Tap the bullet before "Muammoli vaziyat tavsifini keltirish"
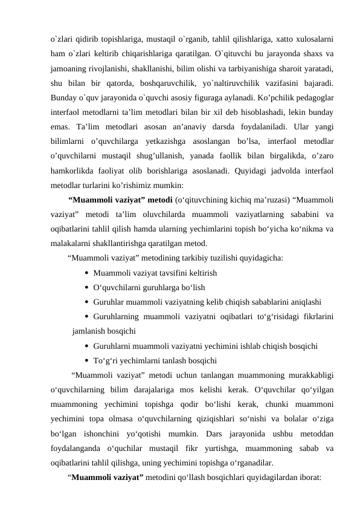pyautogui.click(x=88, y=273)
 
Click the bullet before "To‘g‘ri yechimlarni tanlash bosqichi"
pyautogui.click(x=88, y=361)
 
